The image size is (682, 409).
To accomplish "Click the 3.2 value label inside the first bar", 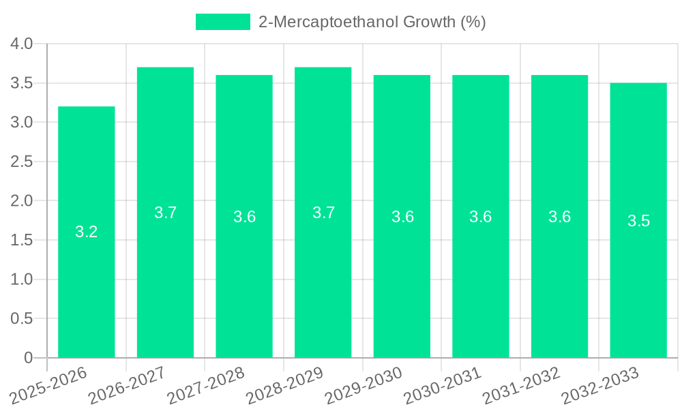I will point(87,232).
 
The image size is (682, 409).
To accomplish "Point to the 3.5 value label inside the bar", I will point(638,221).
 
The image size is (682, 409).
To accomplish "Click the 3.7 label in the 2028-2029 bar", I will point(323,213).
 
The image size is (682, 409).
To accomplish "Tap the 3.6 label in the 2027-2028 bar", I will point(244,217).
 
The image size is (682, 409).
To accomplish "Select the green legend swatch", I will point(222,22).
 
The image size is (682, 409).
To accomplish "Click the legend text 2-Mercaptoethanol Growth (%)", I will point(372,22).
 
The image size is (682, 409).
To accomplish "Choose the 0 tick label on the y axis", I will point(28,358).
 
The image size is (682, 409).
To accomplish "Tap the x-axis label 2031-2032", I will point(522,387).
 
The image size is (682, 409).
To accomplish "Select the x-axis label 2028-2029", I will point(285,387).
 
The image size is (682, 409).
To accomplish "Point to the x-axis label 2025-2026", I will point(49,387).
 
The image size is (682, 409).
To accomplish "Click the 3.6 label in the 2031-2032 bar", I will point(559,217).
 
